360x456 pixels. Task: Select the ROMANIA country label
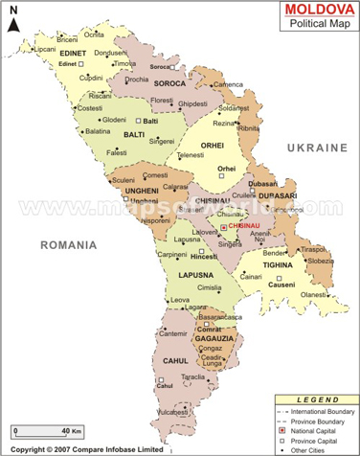[x=68, y=245]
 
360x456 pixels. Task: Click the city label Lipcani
[x=21, y=48]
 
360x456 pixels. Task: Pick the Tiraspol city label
[x=316, y=249]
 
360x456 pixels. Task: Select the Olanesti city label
[x=314, y=295]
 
